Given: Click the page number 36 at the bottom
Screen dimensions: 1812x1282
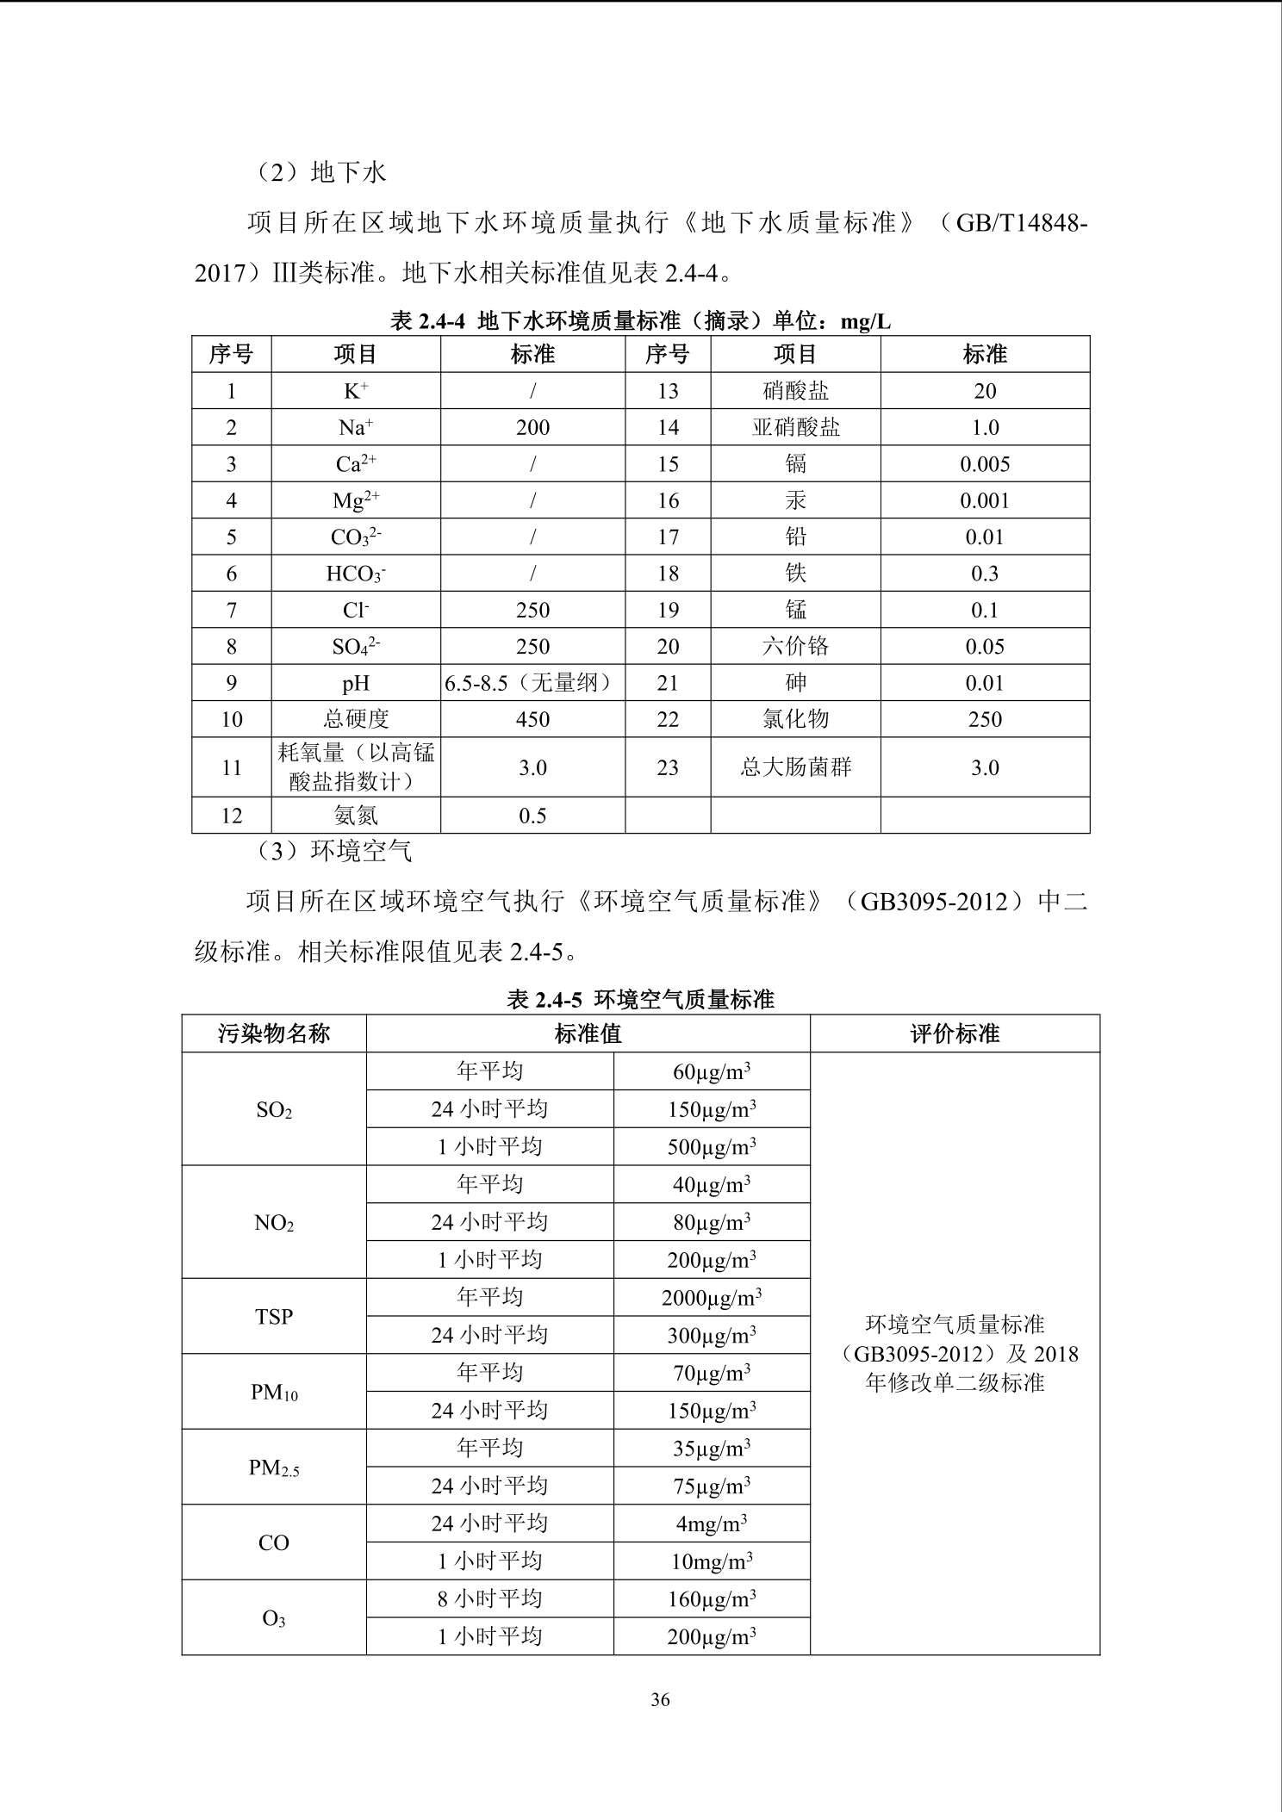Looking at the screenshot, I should (x=660, y=1699).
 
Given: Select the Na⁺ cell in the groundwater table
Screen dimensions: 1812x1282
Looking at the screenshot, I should (x=356, y=428).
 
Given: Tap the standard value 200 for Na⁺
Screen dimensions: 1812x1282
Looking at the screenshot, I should (x=532, y=428).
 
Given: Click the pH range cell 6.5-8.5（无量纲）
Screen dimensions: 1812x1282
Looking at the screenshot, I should (x=532, y=683).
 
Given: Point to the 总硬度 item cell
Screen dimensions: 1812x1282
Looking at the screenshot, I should (x=356, y=719).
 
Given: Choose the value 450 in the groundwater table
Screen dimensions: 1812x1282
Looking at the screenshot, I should (x=532, y=719).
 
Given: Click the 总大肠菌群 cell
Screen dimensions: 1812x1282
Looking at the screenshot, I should (x=795, y=767).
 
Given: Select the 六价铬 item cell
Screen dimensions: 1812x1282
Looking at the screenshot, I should (x=795, y=647).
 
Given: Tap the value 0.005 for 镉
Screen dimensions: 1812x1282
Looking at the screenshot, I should (x=985, y=464).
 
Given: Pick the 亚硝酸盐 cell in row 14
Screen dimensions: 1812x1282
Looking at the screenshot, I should (x=795, y=428).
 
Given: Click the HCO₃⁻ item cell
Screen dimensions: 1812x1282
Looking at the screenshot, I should (x=356, y=574).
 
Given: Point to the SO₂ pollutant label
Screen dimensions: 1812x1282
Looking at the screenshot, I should (x=274, y=1110).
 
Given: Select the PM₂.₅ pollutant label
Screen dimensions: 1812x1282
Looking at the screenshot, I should (x=274, y=1468).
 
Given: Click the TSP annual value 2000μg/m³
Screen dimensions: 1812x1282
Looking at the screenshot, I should (x=712, y=1298).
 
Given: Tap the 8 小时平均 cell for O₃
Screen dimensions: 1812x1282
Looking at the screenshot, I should (x=489, y=1599).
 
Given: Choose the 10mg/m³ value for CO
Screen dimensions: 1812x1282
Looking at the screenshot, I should (x=712, y=1561).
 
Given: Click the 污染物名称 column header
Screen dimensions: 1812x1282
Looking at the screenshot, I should (x=274, y=1033).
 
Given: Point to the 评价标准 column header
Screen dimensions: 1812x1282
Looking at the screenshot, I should (x=955, y=1033).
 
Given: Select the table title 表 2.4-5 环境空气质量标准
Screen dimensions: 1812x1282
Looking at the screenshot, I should (x=640, y=999).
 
